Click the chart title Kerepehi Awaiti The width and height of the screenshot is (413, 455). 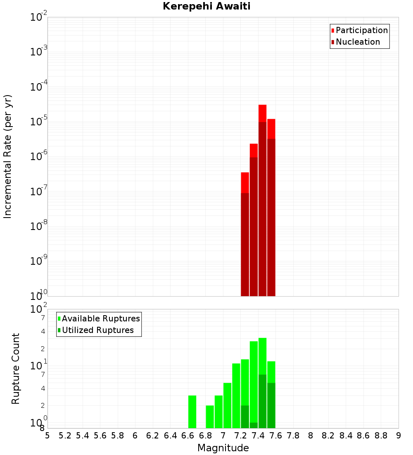point(206,6)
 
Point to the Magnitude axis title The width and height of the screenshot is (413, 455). point(223,448)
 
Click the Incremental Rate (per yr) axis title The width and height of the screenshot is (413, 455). point(8,156)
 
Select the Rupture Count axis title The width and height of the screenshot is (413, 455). point(16,369)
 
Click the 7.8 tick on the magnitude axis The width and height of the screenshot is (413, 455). point(293,436)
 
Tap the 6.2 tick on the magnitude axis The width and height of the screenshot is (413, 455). point(153,436)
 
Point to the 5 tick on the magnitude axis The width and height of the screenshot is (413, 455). point(47,436)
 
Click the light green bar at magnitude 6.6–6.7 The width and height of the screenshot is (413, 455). point(192,412)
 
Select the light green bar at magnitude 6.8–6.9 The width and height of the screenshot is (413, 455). point(210,417)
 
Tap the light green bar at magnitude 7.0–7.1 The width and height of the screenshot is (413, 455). point(227,405)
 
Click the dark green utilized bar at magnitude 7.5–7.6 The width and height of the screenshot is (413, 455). point(271,405)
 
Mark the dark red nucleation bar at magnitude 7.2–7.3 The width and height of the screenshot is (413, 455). point(245,244)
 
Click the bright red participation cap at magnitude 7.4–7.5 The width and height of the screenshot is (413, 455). point(262,113)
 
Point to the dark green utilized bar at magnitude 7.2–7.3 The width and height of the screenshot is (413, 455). point(245,417)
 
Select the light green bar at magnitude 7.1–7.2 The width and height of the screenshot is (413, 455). point(236,395)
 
